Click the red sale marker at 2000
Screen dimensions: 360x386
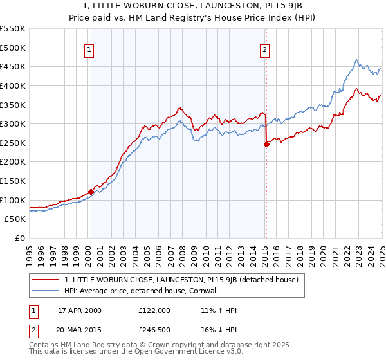click(91, 191)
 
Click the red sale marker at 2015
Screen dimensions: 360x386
click(266, 144)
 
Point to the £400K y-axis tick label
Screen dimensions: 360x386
click(14, 85)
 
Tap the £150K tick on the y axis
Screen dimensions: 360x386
click(14, 181)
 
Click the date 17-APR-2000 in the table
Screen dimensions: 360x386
click(80, 310)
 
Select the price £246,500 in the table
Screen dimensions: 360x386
click(154, 329)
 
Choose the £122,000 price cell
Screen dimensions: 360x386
click(154, 310)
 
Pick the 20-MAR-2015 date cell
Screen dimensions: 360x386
click(80, 329)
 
